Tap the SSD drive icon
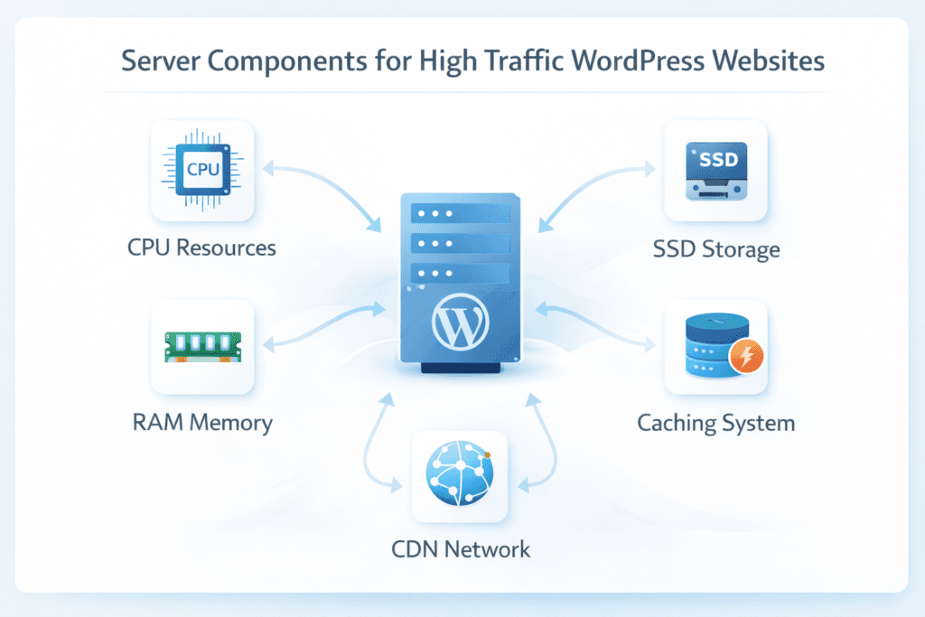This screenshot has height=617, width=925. coord(715,171)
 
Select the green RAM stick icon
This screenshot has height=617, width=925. coord(202,347)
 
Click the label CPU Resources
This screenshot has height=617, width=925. coord(202,247)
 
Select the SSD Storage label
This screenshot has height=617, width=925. coord(716,248)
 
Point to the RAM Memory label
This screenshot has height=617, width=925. coord(202,422)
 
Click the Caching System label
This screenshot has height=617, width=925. coord(716,422)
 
